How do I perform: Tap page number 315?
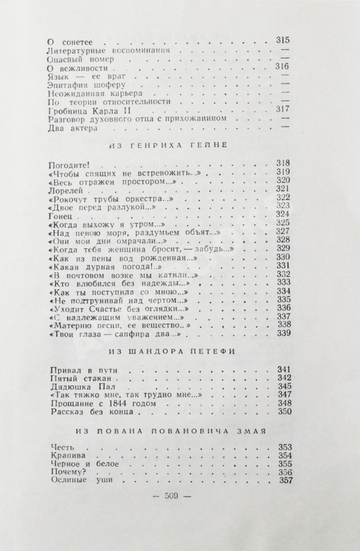[282, 40]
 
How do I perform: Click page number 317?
[282, 109]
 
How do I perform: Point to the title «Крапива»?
[64, 456]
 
